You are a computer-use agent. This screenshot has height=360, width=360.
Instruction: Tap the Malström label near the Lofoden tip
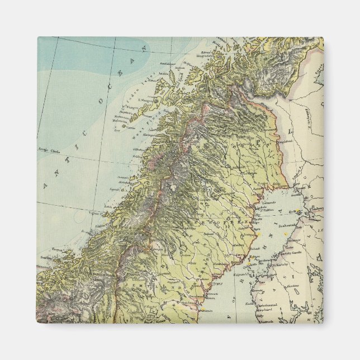pos(129,119)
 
